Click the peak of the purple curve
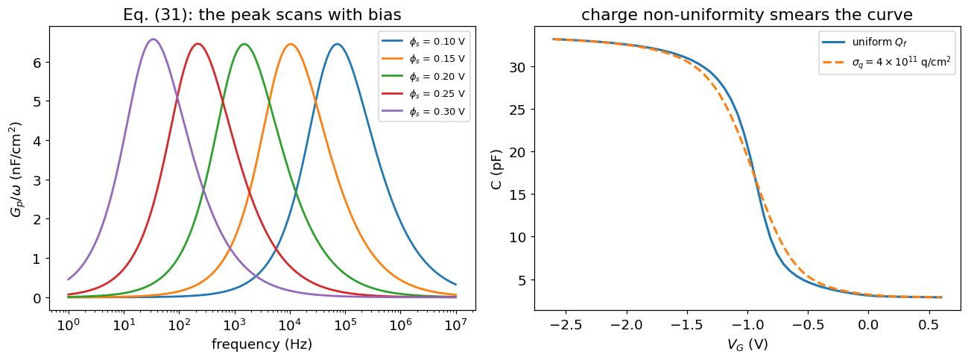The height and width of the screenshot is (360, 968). [x=153, y=40]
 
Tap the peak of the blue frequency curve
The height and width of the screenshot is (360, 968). [x=337, y=44]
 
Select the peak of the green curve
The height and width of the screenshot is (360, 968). [x=244, y=44]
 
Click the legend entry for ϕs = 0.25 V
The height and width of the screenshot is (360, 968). [x=423, y=94]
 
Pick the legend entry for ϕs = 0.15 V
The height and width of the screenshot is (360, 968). [x=423, y=59]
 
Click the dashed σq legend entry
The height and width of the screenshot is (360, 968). [x=886, y=62]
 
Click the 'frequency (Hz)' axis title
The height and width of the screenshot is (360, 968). [x=262, y=344]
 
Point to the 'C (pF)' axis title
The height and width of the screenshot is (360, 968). [x=496, y=169]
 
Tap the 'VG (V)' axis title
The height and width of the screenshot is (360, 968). [x=747, y=344]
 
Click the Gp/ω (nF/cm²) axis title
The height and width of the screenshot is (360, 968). [x=16, y=169]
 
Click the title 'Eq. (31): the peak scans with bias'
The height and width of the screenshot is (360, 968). [x=262, y=15]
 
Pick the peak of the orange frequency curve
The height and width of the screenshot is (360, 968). [x=291, y=44]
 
